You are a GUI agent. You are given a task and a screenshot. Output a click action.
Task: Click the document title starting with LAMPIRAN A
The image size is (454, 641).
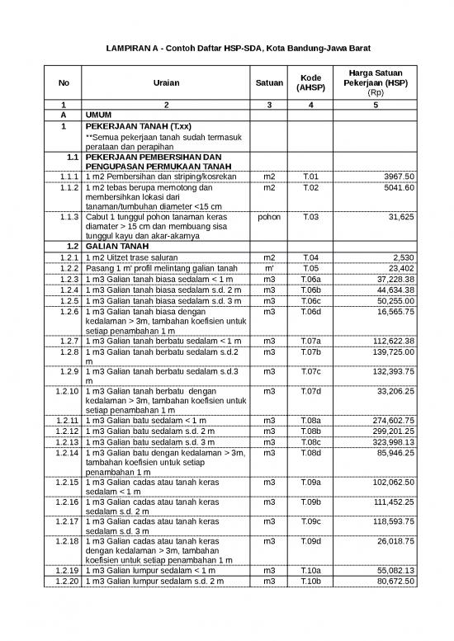click(227, 49)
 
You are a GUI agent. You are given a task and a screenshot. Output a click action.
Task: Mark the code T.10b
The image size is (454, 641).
click(310, 582)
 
